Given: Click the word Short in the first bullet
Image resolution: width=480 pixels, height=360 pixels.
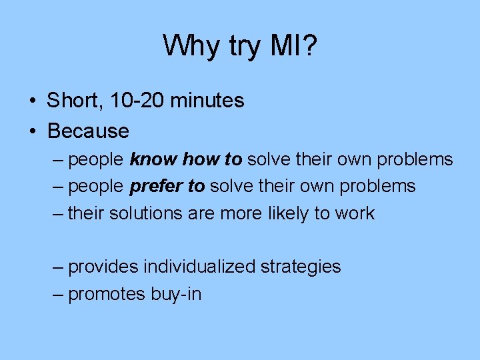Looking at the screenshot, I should click(x=72, y=101).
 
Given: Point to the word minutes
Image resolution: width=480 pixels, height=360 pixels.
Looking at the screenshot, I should click(x=207, y=101).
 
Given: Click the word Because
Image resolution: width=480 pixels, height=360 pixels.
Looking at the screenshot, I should click(x=88, y=131).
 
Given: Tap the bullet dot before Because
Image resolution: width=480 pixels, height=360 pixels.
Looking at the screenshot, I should click(x=33, y=131).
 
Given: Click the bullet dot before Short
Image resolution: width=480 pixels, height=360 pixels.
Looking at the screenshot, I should click(x=33, y=101).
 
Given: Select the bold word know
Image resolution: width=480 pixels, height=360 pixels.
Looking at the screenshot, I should click(x=153, y=160).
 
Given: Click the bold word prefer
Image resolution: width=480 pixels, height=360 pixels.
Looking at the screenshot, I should click(x=156, y=187).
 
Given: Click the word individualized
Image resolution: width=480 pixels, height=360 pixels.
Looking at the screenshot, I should click(x=199, y=267).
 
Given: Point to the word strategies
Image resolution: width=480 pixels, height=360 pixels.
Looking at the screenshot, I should click(x=301, y=267).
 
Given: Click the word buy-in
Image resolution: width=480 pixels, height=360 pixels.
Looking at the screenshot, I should click(x=176, y=294).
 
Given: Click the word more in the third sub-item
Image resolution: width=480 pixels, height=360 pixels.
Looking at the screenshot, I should click(x=237, y=213).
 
